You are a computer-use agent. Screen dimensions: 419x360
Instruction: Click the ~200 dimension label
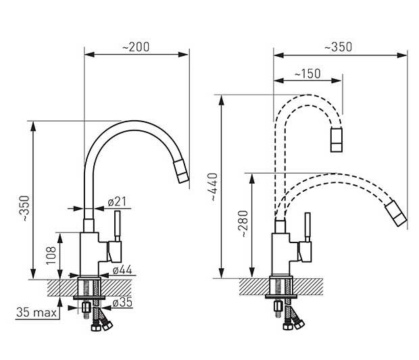coord(136,47)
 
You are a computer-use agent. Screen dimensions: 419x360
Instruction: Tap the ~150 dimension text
coord(307,74)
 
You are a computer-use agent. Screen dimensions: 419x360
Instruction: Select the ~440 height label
coord(214,186)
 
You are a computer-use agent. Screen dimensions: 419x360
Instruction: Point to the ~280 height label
coord(243,224)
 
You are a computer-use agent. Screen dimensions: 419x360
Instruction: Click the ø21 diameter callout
coord(117,202)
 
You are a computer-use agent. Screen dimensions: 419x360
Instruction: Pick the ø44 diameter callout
coord(122,270)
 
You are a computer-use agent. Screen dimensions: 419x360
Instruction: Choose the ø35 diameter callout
coord(122,303)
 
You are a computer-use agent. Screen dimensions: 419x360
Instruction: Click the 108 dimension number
coord(51,255)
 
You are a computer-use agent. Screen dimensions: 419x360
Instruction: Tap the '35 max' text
coord(36,312)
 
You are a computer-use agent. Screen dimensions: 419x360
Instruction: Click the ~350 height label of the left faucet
coord(26,208)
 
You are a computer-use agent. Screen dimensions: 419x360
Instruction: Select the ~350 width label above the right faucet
coord(339,47)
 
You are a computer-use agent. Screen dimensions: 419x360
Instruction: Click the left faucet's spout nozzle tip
coord(181,172)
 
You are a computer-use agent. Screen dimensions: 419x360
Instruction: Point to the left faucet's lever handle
coord(118,226)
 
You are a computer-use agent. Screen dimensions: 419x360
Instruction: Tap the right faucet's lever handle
coord(307,227)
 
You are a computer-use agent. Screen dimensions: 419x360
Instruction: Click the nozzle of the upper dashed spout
coord(337,140)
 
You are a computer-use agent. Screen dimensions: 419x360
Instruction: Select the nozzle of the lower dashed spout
coord(396,213)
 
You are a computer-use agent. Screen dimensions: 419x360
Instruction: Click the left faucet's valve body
coord(91,254)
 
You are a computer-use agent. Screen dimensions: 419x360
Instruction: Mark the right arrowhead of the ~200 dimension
coord(183,55)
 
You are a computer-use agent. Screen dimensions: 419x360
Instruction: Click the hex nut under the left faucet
coord(87,307)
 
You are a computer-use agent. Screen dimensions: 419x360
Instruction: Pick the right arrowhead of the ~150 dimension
coord(337,80)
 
